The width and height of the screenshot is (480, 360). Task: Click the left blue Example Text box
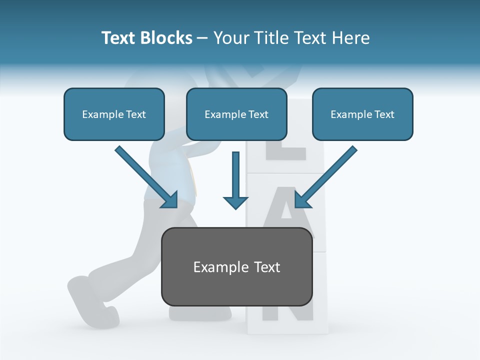tap(114, 114)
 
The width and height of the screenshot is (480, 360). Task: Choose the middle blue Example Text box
tap(236, 114)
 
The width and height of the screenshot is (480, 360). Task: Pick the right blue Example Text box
tap(362, 114)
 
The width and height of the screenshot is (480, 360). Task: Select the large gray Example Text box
tap(236, 266)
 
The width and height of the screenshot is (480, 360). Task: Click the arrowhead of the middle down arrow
tap(235, 202)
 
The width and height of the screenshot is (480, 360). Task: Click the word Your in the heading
tap(231, 38)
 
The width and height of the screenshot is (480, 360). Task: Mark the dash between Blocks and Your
tap(202, 38)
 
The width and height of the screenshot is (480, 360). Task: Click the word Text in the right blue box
tap(384, 114)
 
